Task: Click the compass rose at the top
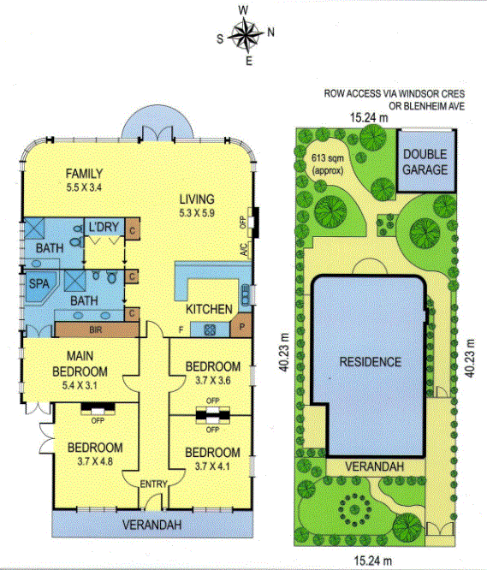(246, 34)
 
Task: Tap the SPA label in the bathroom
(39, 283)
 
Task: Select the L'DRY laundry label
(104, 227)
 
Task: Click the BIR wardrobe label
(96, 330)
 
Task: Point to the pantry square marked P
(241, 325)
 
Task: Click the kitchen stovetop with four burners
(210, 330)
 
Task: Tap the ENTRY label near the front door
(154, 484)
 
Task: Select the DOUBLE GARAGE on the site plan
(425, 162)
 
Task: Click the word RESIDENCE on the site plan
(371, 362)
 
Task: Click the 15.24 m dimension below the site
(373, 561)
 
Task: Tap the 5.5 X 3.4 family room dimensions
(84, 187)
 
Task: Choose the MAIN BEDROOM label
(80, 364)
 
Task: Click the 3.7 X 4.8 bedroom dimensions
(95, 461)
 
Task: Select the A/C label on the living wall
(244, 249)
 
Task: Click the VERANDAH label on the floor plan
(151, 525)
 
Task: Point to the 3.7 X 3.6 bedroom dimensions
(213, 381)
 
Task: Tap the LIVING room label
(197, 199)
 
